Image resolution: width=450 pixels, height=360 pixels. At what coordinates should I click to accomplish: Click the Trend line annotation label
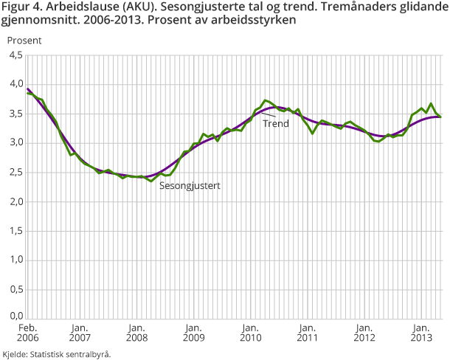click(x=275, y=124)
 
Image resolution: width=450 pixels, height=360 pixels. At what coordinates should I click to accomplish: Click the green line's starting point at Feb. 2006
click(x=28, y=92)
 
